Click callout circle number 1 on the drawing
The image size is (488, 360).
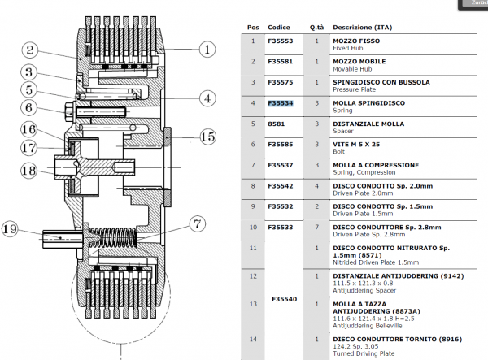[208, 49]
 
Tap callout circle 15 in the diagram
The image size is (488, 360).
[208, 137]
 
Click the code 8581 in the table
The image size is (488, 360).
[276, 124]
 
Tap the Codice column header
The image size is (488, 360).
[279, 27]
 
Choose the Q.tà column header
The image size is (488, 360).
[316, 27]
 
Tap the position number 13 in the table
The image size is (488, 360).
[254, 303]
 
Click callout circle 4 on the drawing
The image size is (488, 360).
[207, 98]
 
